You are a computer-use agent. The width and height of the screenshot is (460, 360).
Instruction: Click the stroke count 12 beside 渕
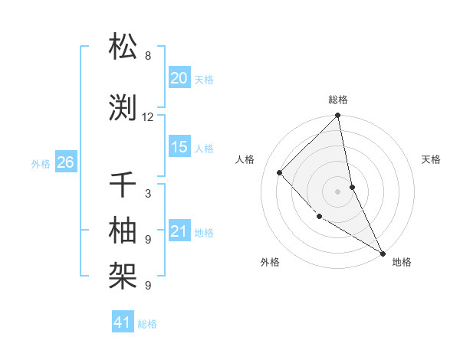148,117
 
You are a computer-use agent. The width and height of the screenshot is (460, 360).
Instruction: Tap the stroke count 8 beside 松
148,56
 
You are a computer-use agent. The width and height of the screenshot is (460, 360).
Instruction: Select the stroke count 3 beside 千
148,194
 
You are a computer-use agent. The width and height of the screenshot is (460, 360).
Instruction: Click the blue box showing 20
179,78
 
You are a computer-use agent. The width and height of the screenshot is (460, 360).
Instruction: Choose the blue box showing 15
179,148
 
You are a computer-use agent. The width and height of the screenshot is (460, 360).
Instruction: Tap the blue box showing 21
179,232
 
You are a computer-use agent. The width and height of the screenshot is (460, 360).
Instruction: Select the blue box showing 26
65,162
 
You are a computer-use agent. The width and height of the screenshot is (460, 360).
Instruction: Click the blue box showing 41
123,323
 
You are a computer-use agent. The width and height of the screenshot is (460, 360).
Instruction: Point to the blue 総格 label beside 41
147,324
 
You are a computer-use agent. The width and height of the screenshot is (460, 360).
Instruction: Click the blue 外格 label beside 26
41,163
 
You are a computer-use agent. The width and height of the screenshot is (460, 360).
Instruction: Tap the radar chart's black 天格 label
431,159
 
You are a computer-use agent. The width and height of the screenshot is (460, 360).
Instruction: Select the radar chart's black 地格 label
402,262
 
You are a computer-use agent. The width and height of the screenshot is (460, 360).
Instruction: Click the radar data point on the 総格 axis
338,116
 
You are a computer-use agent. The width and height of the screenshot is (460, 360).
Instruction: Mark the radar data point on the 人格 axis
280,172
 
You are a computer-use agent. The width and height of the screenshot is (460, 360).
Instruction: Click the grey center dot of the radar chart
338,191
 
